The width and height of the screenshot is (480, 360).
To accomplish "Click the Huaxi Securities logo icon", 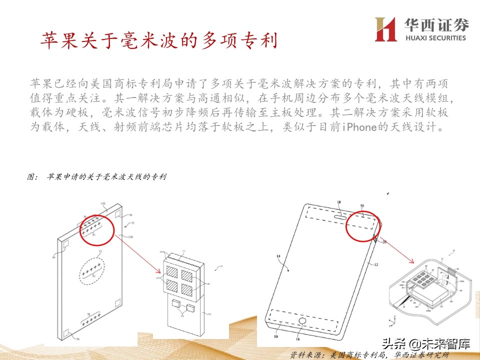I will point(385,29).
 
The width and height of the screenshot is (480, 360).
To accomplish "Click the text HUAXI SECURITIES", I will point(431,37).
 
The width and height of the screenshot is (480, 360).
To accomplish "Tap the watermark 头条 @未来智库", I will point(426,343).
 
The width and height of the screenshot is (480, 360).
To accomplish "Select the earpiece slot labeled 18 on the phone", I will point(340,217).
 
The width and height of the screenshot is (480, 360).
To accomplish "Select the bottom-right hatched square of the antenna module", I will point(187,288).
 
